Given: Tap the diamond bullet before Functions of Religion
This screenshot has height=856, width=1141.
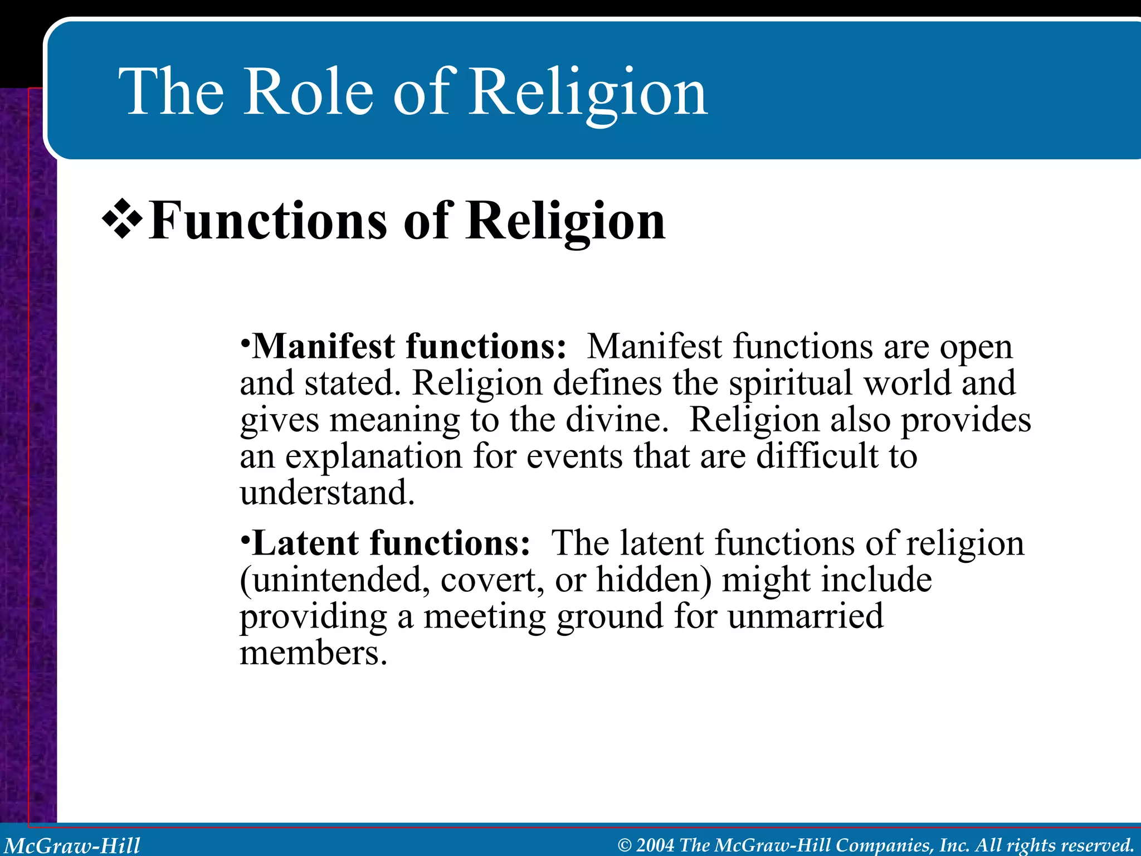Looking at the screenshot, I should tap(121, 222).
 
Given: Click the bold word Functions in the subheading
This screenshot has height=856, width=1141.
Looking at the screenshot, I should tap(267, 222).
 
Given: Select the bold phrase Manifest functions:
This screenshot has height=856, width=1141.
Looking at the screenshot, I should tap(409, 347).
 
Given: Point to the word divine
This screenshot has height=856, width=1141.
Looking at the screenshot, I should tap(616, 421).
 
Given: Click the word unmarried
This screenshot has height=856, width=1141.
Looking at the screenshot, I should tap(805, 617).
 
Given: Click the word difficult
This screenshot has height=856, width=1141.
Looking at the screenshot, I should tap(817, 457).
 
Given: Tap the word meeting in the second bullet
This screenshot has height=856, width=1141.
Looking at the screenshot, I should tap(485, 617).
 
